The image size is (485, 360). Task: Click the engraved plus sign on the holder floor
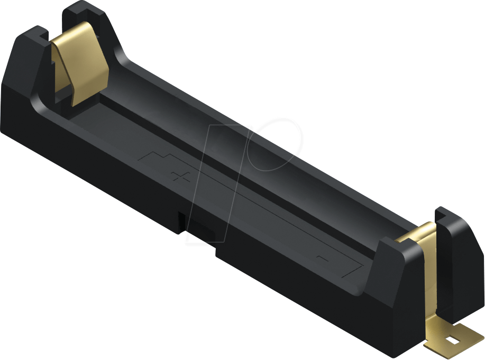tap(180, 176)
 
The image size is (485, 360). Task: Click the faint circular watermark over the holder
tap(275, 143)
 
